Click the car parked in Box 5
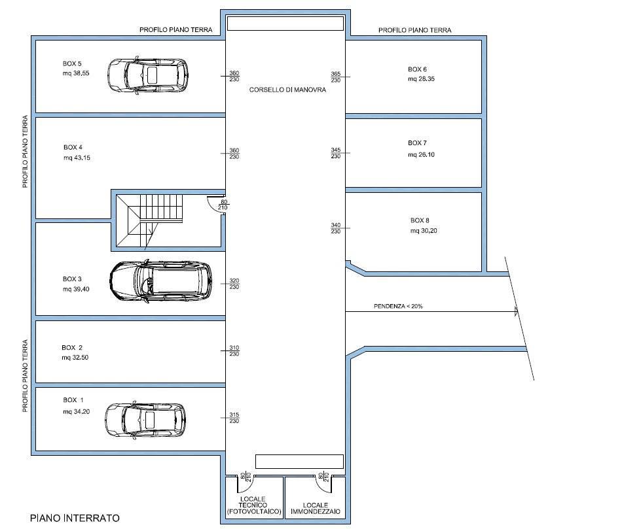[147, 75]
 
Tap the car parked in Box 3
[161, 281]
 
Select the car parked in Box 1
[145, 420]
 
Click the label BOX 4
[73, 147]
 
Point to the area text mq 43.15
[77, 158]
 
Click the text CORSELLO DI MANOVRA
[287, 90]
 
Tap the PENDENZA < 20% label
[398, 306]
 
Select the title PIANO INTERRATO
[75, 518]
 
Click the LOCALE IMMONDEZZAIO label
[316, 508]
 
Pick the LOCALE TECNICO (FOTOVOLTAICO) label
[254, 505]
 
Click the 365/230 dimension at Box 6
[336, 77]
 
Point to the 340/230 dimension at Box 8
[336, 228]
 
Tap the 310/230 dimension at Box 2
[234, 351]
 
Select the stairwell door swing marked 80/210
[216, 205]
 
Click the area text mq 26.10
[421, 155]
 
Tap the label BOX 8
[420, 220]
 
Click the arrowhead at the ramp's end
[516, 311]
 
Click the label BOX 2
[72, 347]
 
